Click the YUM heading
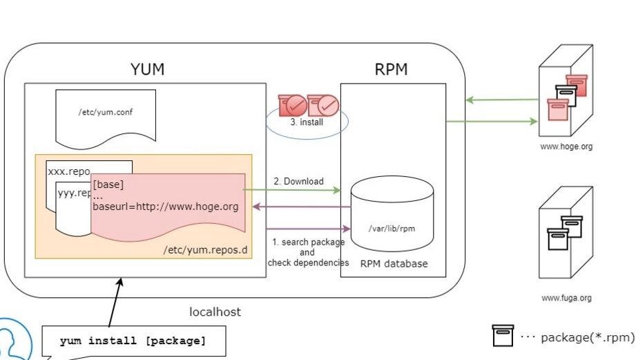tap(147, 69)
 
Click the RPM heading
tap(391, 69)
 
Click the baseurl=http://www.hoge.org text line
tap(165, 206)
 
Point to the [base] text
tap(108, 184)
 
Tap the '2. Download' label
tap(299, 181)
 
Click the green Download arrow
tap(293, 189)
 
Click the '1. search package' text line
tap(308, 242)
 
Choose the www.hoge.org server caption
tap(566, 146)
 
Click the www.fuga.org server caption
tap(566, 299)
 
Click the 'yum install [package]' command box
tap(133, 341)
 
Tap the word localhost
tap(215, 312)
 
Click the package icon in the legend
tap(503, 337)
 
